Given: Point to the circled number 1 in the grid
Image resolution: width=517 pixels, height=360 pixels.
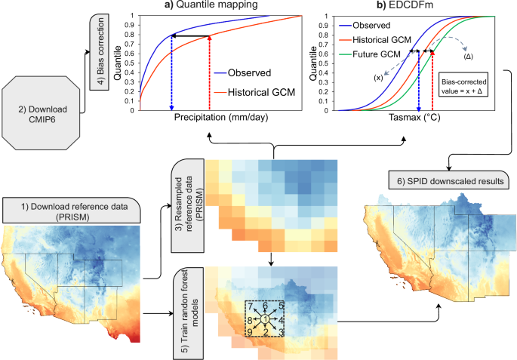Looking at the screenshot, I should coord(264,320).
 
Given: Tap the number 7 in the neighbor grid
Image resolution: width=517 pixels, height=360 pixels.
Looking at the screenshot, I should coord(248,307).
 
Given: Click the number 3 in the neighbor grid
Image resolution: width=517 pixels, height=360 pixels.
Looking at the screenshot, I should coord(281,332).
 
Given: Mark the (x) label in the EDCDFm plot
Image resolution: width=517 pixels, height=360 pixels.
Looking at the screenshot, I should coord(378,78).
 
